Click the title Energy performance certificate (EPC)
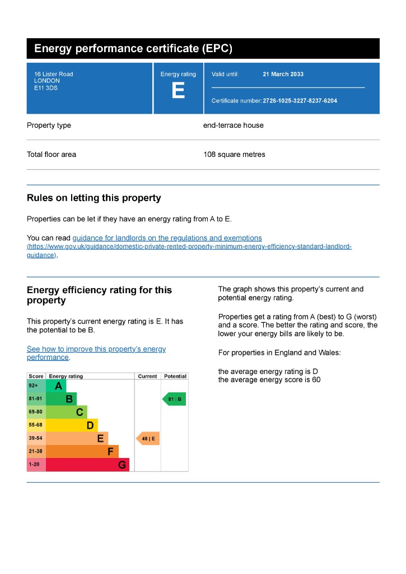(133, 49)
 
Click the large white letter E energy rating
(178, 91)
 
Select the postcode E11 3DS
(46, 87)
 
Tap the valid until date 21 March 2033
(283, 74)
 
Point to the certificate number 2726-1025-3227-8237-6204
(300, 101)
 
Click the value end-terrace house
(233, 126)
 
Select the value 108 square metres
(234, 155)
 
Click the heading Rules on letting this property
(94, 198)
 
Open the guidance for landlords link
(167, 238)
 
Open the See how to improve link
(96, 349)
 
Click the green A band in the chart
(57, 386)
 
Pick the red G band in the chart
(87, 465)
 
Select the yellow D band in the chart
(72, 425)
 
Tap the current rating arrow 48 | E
(148, 438)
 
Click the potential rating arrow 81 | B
(174, 399)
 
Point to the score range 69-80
(36, 412)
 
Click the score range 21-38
(36, 451)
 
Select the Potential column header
(175, 376)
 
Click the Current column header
(147, 376)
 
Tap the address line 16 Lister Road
(53, 74)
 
